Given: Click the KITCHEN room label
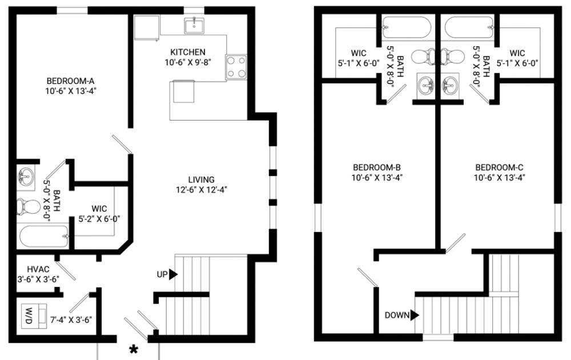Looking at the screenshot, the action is (187, 52).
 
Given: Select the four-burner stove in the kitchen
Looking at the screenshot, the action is (236, 67).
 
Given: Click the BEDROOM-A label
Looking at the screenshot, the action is (71, 81).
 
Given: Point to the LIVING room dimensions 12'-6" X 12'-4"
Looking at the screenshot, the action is (202, 190).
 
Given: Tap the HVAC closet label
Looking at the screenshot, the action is (38, 270).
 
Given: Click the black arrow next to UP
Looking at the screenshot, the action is (173, 274).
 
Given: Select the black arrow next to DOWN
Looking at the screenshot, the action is (415, 315).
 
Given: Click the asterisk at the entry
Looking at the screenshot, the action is (134, 350).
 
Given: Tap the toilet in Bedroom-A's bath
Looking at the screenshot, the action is (29, 207).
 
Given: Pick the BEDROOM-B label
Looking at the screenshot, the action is (377, 167).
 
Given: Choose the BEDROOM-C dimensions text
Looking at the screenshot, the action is (499, 178).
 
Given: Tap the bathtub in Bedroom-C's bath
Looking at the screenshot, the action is (469, 27).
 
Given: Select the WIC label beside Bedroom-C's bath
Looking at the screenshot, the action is (517, 53).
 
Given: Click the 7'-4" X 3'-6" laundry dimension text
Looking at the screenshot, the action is (71, 319).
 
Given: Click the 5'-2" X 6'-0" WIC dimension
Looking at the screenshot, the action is (99, 219).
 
